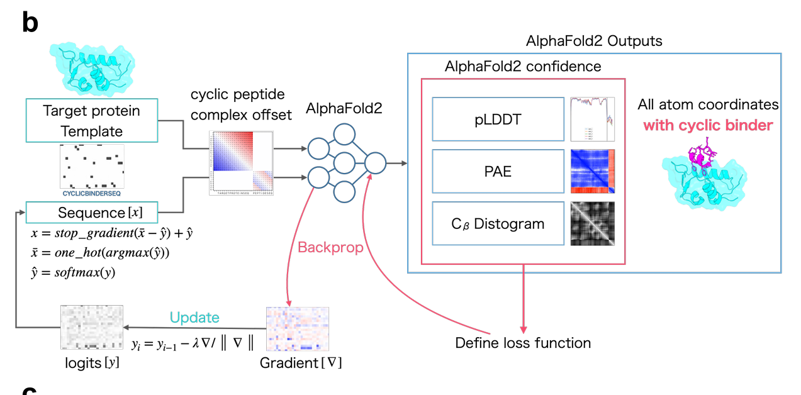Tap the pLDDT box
(498, 119)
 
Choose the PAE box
(498, 171)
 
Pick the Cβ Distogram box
(498, 223)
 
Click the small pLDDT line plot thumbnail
(592, 119)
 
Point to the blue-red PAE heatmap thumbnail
(592, 171)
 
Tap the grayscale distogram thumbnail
(592, 223)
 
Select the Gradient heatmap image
(298, 328)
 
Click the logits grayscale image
(91, 327)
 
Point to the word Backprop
(330, 247)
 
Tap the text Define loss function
(523, 343)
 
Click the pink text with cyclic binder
(707, 125)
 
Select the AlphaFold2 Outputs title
(594, 42)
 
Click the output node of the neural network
(375, 163)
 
